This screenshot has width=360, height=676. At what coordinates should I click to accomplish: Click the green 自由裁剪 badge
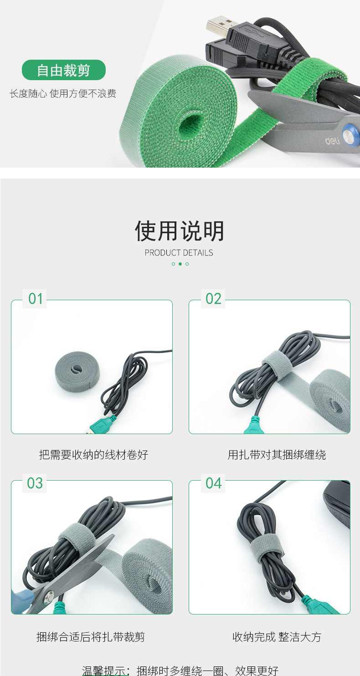(x=64, y=71)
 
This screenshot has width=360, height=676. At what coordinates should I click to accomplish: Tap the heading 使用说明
(x=180, y=231)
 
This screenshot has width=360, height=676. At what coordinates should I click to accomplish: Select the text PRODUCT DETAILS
(x=179, y=253)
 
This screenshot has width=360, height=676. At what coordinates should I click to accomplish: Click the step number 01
(x=36, y=299)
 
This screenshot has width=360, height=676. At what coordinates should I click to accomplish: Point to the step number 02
(x=213, y=299)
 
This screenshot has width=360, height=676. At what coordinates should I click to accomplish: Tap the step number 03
(x=35, y=483)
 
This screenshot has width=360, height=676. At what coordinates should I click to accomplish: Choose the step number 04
(x=213, y=483)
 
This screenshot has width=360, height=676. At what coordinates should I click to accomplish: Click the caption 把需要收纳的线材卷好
(x=93, y=455)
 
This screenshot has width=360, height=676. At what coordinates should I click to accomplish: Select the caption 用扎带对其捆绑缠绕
(x=277, y=455)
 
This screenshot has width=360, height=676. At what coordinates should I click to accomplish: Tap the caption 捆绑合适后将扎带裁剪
(x=91, y=637)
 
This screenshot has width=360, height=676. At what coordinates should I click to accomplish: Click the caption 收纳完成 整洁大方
(x=277, y=637)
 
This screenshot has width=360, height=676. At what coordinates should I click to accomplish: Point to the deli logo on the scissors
(x=333, y=142)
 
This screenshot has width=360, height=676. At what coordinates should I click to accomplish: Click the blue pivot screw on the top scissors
(x=350, y=135)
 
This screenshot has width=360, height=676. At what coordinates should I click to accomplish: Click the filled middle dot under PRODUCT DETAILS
(x=180, y=264)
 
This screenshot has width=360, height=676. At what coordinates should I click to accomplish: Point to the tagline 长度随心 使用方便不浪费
(x=63, y=94)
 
